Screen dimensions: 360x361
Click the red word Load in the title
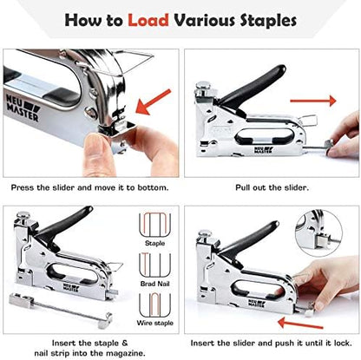pos(149,18)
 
